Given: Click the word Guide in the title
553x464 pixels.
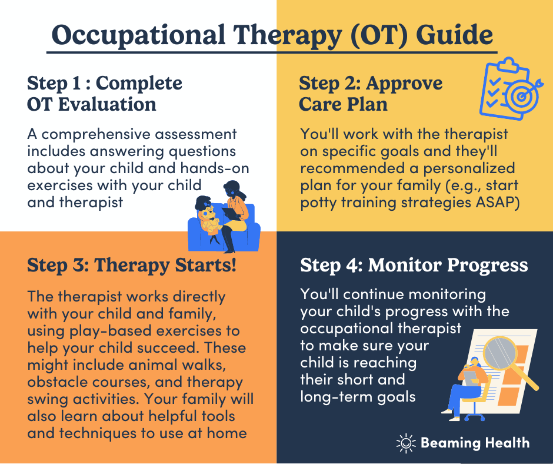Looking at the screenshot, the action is tap(454, 35).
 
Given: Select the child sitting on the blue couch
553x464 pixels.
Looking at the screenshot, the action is tap(209, 220).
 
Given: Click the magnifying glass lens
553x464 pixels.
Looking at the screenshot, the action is tap(499, 354).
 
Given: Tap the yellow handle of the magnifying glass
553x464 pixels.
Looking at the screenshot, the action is tap(525, 378).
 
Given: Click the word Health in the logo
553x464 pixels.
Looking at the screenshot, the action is tap(507, 443).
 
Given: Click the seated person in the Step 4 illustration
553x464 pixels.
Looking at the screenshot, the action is tap(465, 389).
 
